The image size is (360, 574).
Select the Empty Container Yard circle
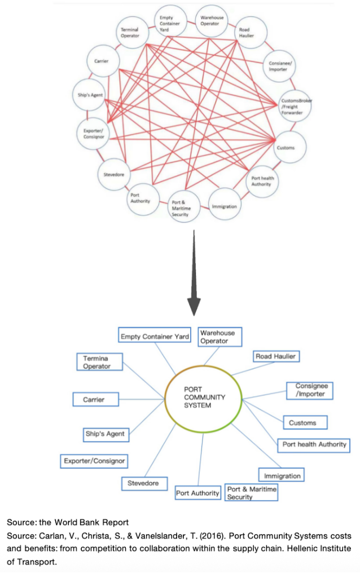[170, 21]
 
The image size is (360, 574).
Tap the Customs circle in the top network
[289, 147]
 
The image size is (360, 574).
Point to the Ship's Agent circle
[90, 95]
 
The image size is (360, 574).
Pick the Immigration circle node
[224, 204]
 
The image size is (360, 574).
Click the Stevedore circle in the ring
[114, 174]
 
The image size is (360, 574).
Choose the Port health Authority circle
[262, 181]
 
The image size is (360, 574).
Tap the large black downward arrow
[194, 273]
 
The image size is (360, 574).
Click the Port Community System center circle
[203, 399]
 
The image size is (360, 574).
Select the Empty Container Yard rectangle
[155, 335]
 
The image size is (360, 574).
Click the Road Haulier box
[276, 356]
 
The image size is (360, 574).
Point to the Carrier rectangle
[95, 399]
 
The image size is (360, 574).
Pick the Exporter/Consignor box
[94, 461]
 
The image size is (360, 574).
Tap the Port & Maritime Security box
[251, 492]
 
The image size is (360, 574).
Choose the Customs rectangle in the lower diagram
[305, 422]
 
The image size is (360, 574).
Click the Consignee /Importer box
[309, 390]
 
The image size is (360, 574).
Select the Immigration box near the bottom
[281, 475]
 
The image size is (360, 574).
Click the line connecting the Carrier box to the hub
[142, 399]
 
